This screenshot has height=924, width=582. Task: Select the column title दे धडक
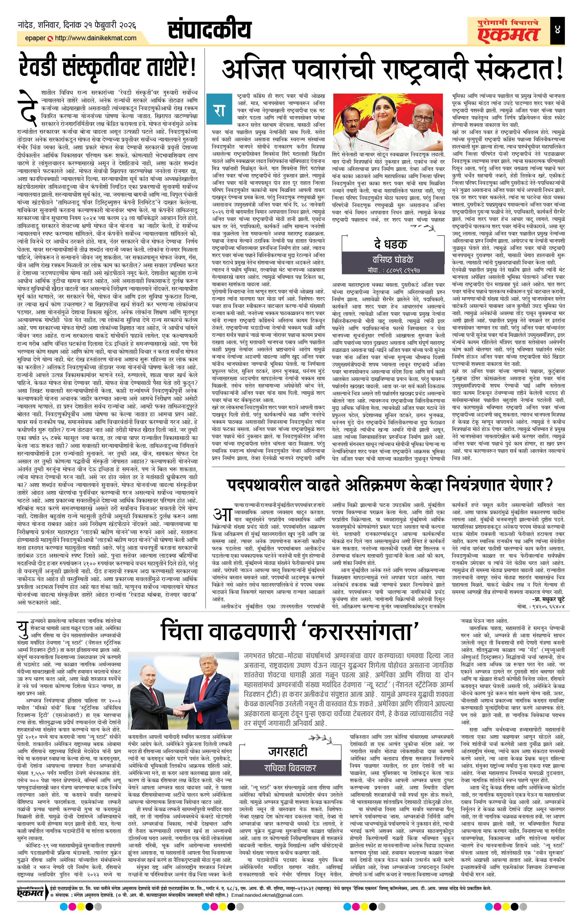click(x=390, y=244)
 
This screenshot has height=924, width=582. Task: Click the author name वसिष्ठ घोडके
click(x=390, y=259)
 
